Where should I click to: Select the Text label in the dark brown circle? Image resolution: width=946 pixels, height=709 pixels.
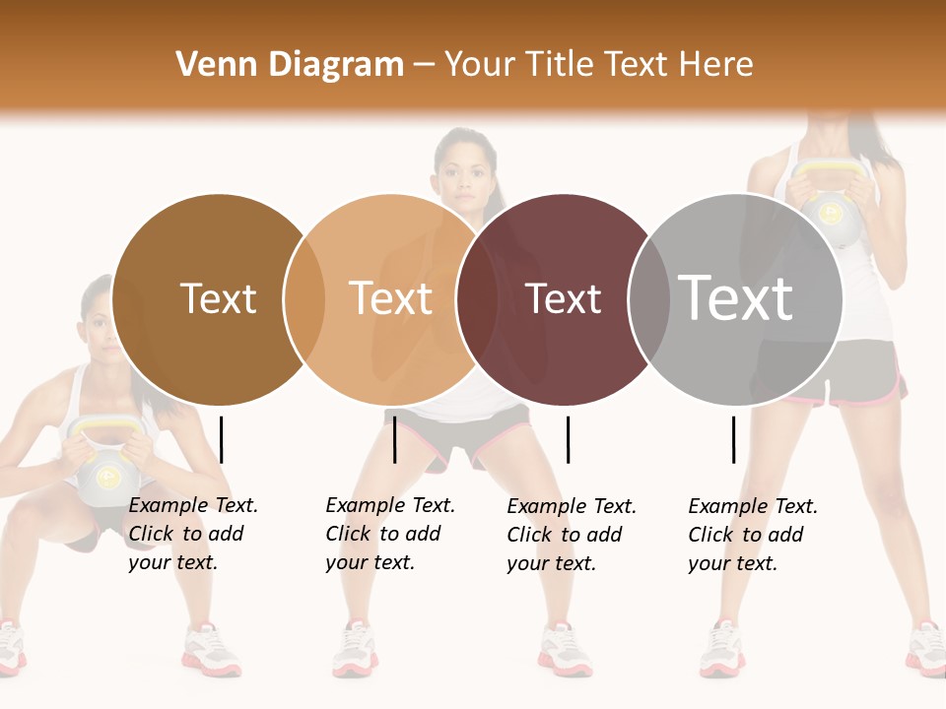pyautogui.click(x=218, y=298)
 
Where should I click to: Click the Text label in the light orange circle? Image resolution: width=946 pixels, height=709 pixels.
pyautogui.click(x=391, y=298)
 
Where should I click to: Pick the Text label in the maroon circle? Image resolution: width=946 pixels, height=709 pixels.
pyautogui.click(x=563, y=298)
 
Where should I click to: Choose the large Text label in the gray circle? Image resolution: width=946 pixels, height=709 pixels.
pyautogui.click(x=736, y=297)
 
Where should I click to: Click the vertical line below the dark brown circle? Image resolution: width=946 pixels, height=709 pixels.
pyautogui.click(x=222, y=439)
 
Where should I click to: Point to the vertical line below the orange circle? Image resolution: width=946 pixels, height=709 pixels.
pyautogui.click(x=394, y=439)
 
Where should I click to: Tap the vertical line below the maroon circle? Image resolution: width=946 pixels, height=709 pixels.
pyautogui.click(x=568, y=439)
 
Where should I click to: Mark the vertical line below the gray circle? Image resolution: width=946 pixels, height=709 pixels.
pyautogui.click(x=733, y=439)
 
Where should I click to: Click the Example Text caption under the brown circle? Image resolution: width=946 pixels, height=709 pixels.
pyautogui.click(x=192, y=534)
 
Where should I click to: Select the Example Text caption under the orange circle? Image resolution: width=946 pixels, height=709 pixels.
pyautogui.click(x=389, y=534)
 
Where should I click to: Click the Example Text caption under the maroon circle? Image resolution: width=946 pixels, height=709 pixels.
pyautogui.click(x=571, y=535)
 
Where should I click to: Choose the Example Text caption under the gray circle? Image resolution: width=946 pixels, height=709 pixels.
pyautogui.click(x=752, y=535)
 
